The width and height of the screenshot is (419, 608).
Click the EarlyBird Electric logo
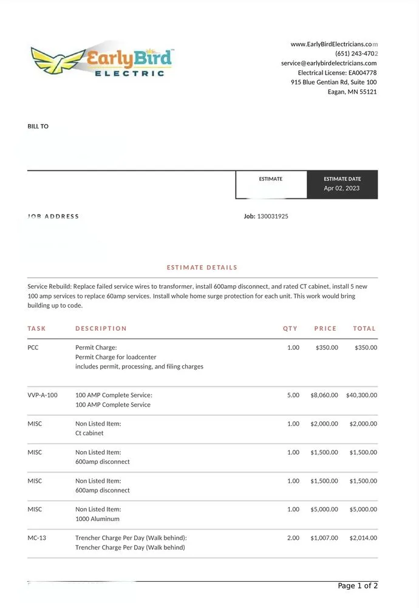[x=102, y=60]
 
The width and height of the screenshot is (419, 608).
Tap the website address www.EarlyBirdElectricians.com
[x=334, y=44]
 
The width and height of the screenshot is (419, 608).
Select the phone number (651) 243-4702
[x=356, y=54]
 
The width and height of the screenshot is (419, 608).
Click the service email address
[x=329, y=63]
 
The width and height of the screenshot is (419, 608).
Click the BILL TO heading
[x=38, y=126]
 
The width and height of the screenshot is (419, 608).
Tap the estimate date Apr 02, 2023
[x=341, y=188]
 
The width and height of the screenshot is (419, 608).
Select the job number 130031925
[x=273, y=216]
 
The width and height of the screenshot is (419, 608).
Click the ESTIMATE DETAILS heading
[x=202, y=268]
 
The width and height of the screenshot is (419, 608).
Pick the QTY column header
[x=290, y=328]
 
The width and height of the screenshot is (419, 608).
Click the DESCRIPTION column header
[x=101, y=328]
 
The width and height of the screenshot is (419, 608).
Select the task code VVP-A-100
[x=43, y=395]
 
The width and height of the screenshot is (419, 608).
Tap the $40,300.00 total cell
[x=361, y=395]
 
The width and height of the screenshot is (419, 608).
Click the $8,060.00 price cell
[x=324, y=395]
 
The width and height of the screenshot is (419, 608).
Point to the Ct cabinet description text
[x=89, y=434]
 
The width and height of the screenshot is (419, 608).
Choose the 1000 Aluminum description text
[x=97, y=519]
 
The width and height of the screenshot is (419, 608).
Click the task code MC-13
[x=37, y=538]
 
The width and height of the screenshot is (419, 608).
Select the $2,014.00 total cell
[x=363, y=538]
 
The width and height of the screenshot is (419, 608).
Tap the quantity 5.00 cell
[x=293, y=395]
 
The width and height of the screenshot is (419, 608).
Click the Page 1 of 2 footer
[x=358, y=586]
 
